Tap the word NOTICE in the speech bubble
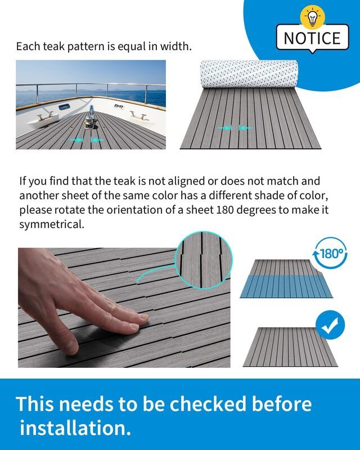[312, 38]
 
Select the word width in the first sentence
[174, 47]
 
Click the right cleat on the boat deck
[138, 115]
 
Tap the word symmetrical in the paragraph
[52, 225]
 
